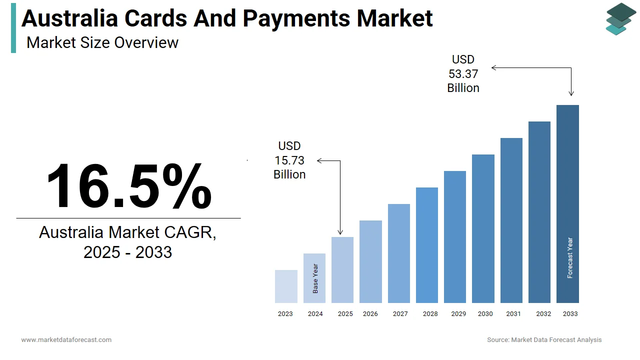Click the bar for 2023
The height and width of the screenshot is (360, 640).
pyautogui.click(x=286, y=286)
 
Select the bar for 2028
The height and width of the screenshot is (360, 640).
pyautogui.click(x=426, y=245)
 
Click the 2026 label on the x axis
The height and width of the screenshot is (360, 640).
pyautogui.click(x=370, y=314)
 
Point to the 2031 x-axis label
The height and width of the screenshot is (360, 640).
pyautogui.click(x=513, y=314)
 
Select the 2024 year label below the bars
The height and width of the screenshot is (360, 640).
pyautogui.click(x=315, y=314)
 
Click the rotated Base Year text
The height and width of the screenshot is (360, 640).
pyautogui.click(x=315, y=278)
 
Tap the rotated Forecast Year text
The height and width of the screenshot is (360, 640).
pyautogui.click(x=570, y=258)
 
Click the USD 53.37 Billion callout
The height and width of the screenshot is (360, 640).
pyautogui.click(x=463, y=74)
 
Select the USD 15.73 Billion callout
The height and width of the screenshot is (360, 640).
pyautogui.click(x=289, y=160)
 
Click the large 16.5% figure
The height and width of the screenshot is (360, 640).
pyautogui.click(x=129, y=186)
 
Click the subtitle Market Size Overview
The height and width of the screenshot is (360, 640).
pyautogui.click(x=102, y=42)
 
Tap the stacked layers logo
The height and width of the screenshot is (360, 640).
pyautogui.click(x=620, y=18)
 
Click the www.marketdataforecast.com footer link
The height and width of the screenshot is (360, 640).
pyautogui.click(x=66, y=340)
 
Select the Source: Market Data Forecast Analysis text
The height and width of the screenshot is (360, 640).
pyautogui.click(x=544, y=340)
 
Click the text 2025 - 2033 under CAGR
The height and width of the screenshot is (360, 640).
pyautogui.click(x=128, y=252)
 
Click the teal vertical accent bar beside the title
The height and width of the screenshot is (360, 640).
pyautogui.click(x=13, y=27)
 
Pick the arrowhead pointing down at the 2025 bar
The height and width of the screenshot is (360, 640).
pyautogui.click(x=340, y=231)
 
